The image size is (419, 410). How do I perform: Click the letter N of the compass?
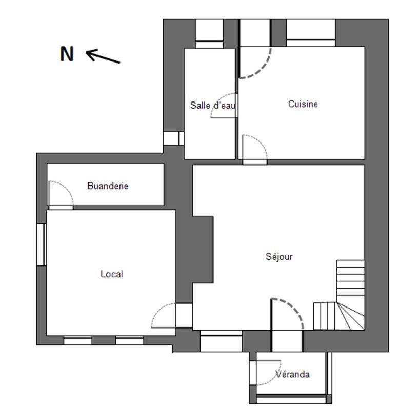(x=67, y=54)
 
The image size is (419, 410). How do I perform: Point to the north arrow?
(x=103, y=56)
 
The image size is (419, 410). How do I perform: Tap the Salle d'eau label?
(x=213, y=105)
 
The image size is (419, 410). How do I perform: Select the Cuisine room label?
(x=303, y=104)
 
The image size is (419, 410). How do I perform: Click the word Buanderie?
(x=108, y=186)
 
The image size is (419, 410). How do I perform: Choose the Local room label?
(x=112, y=274)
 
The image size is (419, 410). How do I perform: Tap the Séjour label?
(x=279, y=256)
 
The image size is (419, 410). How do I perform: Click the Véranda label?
(x=293, y=374)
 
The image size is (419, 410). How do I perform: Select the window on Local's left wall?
(x=41, y=244)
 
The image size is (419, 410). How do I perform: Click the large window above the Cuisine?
(x=311, y=33)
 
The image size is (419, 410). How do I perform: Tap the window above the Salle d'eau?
(x=209, y=34)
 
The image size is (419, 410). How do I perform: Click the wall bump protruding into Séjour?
(x=203, y=250)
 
